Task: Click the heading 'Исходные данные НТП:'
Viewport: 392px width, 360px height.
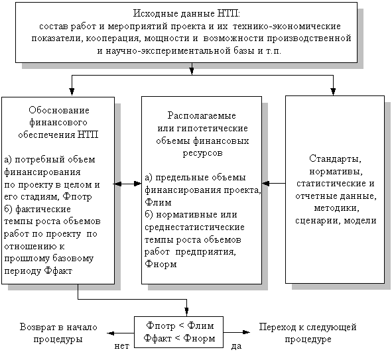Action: click(x=186, y=13)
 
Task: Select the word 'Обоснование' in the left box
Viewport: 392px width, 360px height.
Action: click(x=59, y=110)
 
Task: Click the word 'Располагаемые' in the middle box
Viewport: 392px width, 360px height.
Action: click(x=202, y=115)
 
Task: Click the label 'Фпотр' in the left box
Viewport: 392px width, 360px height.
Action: click(x=77, y=197)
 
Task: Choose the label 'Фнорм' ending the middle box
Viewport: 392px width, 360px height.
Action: click(x=161, y=264)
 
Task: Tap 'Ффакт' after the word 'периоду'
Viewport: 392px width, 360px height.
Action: click(x=58, y=270)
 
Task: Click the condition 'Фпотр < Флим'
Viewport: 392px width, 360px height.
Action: click(x=180, y=326)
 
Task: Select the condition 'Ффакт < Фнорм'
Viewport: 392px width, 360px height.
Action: click(x=179, y=338)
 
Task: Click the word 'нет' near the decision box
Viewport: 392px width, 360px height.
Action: click(x=122, y=346)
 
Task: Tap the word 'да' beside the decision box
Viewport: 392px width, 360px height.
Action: click(x=236, y=346)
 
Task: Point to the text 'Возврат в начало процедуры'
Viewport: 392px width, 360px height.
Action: click(x=58, y=333)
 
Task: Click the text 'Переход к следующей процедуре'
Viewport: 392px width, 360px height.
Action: click(x=308, y=333)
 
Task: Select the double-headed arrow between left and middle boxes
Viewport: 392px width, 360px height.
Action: click(x=128, y=184)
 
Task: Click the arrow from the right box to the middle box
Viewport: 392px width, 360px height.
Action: click(x=274, y=184)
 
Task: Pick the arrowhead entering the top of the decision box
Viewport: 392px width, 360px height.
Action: click(x=186, y=312)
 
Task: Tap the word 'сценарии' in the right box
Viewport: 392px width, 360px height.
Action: click(x=317, y=221)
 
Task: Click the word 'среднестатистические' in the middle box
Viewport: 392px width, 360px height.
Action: click(x=194, y=227)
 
